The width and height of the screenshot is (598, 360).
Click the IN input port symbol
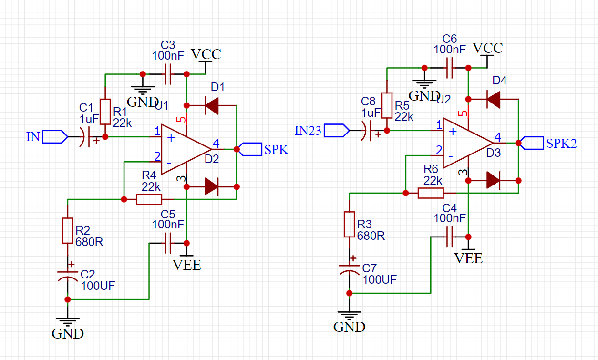coord(54,137)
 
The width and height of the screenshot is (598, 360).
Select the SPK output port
coord(250,149)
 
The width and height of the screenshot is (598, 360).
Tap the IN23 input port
coord(336,130)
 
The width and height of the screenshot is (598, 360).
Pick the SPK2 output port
coord(532,143)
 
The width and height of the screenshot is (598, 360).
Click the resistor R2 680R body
coord(67,231)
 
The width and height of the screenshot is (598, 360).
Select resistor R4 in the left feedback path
coord(149,199)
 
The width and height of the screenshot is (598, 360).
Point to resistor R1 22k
coord(105,112)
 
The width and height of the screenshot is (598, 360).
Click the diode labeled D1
coord(212,105)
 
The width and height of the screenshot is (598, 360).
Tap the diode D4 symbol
coord(494,99)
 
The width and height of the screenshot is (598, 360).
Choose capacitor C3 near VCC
coord(167,74)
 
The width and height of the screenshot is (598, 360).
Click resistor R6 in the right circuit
coord(431,193)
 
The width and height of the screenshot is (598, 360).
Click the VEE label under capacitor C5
coord(186,265)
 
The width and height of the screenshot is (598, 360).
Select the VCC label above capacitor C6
coord(487,48)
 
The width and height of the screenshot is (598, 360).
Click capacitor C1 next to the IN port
coord(84,137)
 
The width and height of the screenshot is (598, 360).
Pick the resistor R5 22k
coord(387,105)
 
